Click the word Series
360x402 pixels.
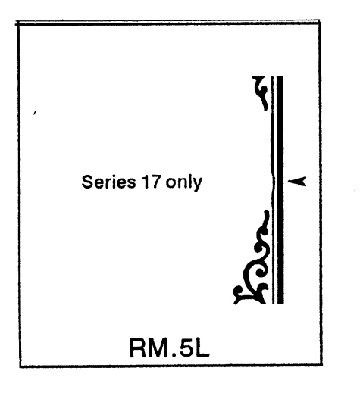pyautogui.click(x=108, y=182)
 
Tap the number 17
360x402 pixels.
pyautogui.click(x=152, y=182)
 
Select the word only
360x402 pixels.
pyautogui.click(x=183, y=182)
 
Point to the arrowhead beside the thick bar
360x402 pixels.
pyautogui.click(x=297, y=181)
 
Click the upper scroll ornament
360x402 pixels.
pyautogui.click(x=261, y=93)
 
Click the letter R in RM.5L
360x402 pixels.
pyautogui.click(x=139, y=347)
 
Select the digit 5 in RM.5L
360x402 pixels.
pyautogui.click(x=188, y=347)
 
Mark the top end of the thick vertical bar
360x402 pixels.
pyautogui.click(x=280, y=76)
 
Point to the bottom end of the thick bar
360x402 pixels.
pyautogui.click(x=280, y=304)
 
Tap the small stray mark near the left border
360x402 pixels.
pyautogui.click(x=35, y=113)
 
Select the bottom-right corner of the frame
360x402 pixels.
pyautogui.click(x=322, y=365)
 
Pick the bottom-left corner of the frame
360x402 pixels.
pyautogui.click(x=20, y=366)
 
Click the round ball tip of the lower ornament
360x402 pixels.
pyautogui.click(x=238, y=291)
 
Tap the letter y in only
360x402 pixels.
pyautogui.click(x=198, y=185)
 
